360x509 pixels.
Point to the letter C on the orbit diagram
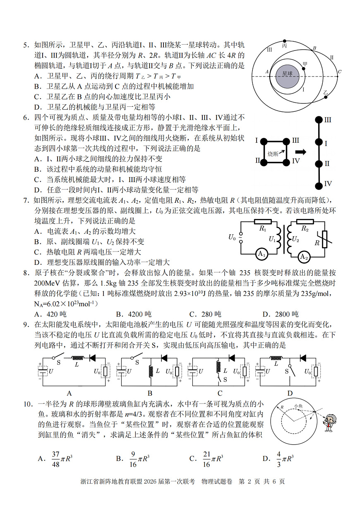(x=340, y=72)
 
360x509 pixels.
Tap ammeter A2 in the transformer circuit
(x=304, y=257)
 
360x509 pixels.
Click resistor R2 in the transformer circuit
(x=305, y=222)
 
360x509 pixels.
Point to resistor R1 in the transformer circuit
(x=262, y=222)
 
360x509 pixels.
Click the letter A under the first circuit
(x=69, y=393)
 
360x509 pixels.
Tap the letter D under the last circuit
(x=290, y=393)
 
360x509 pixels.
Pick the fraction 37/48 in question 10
(x=56, y=459)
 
